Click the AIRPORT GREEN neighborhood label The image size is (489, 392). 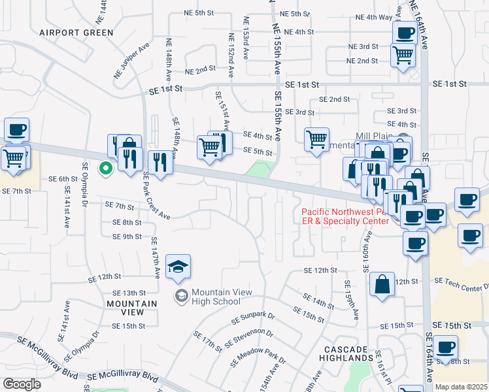click(x=76, y=32)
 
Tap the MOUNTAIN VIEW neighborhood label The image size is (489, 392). click(x=131, y=308)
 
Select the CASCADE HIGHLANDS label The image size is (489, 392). click(x=346, y=353)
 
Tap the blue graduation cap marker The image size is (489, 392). click(x=178, y=267)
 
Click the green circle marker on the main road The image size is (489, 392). click(x=105, y=169)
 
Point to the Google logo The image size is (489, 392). click(x=21, y=384)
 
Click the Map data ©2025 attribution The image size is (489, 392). click(x=460, y=387)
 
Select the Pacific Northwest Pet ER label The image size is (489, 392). click(x=345, y=216)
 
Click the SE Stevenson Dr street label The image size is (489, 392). click(x=249, y=338)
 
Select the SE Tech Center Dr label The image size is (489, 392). click(x=462, y=282)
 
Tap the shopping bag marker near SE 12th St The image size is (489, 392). click(x=382, y=285)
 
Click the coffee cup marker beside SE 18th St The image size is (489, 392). click(x=446, y=348)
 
